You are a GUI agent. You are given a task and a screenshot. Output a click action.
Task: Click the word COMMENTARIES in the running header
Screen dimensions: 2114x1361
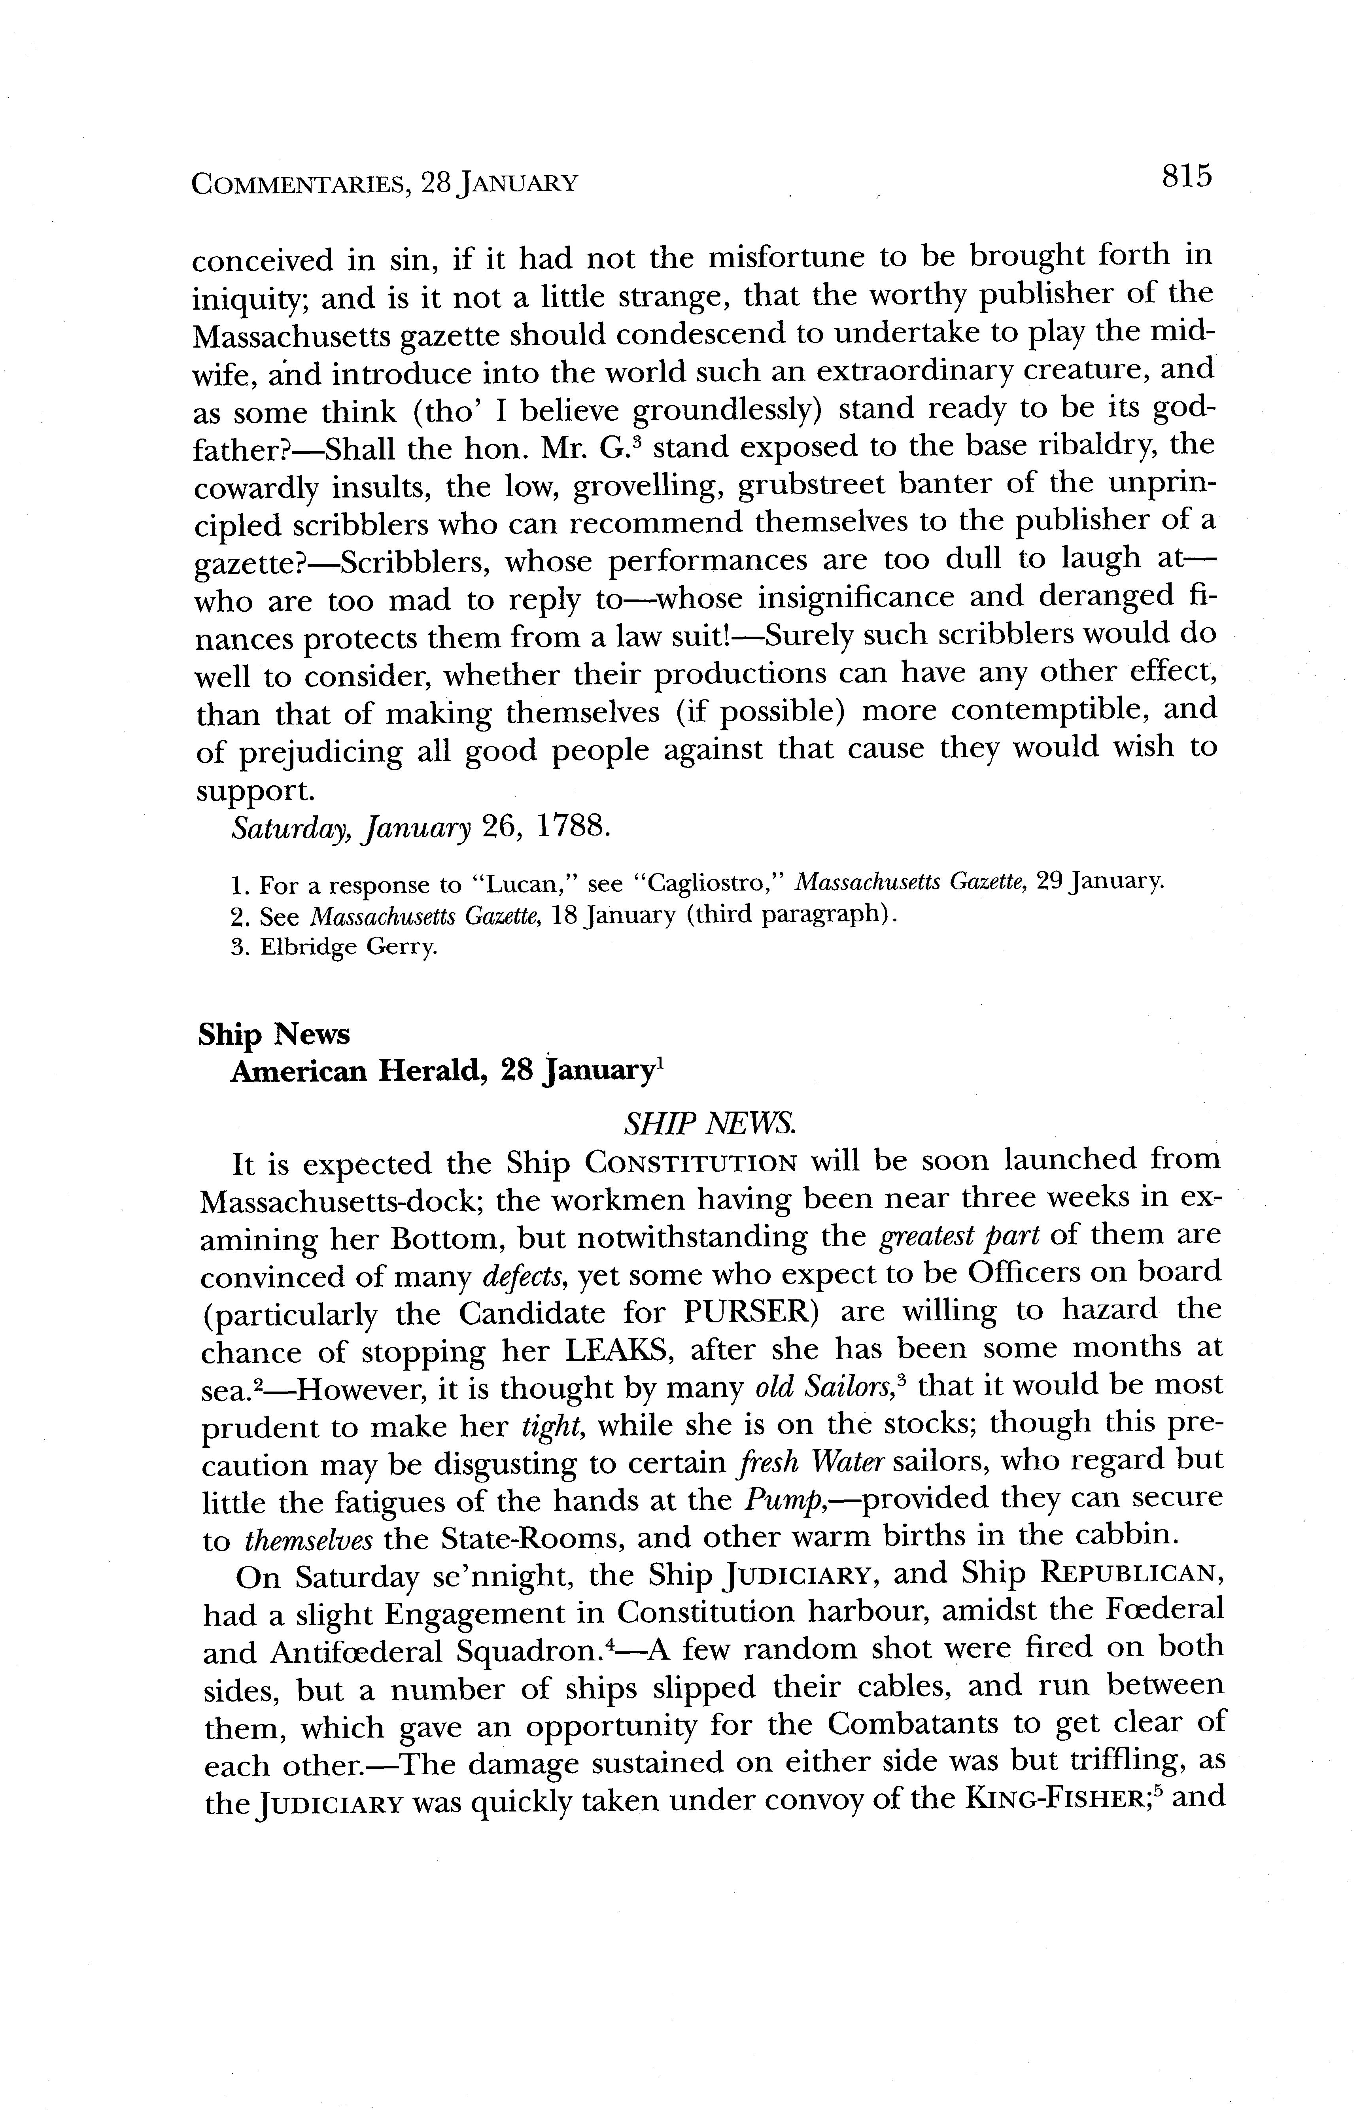coord(293,184)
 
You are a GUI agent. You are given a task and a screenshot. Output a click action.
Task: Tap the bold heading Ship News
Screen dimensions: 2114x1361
coord(274,1034)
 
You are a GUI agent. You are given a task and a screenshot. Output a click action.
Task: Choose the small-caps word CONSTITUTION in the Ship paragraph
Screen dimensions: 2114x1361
coord(691,1160)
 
